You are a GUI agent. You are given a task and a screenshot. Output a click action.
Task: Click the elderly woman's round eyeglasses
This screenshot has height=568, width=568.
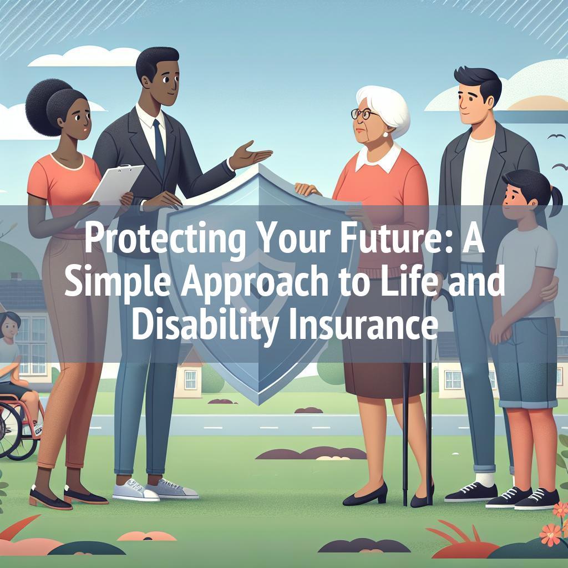click(361, 114)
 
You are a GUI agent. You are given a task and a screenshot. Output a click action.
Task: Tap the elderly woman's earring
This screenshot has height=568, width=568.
click(385, 134)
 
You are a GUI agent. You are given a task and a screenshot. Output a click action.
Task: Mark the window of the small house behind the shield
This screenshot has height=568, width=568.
click(191, 379)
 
